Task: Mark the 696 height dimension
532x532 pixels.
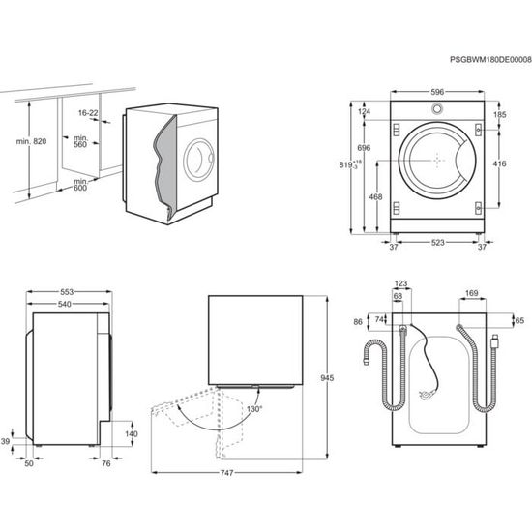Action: pos(364,147)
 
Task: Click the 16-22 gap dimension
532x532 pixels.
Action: pos(89,112)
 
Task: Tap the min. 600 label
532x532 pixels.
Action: pos(79,185)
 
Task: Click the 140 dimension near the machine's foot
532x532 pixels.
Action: pos(131,434)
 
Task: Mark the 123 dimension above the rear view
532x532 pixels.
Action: pos(401,283)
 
